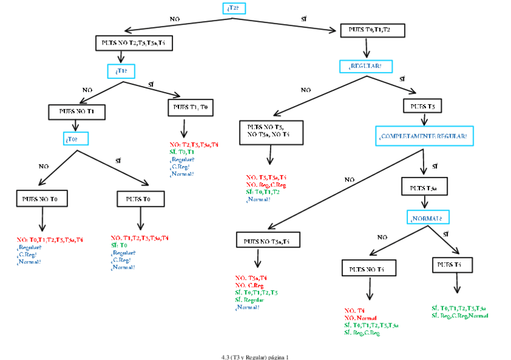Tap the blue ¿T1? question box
(121, 71)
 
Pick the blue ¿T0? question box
(75, 139)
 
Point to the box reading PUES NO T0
(42, 198)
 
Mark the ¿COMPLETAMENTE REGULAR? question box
(424, 136)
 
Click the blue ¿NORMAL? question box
(428, 217)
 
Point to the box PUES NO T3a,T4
(266, 241)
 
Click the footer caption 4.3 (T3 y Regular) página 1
(255, 356)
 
